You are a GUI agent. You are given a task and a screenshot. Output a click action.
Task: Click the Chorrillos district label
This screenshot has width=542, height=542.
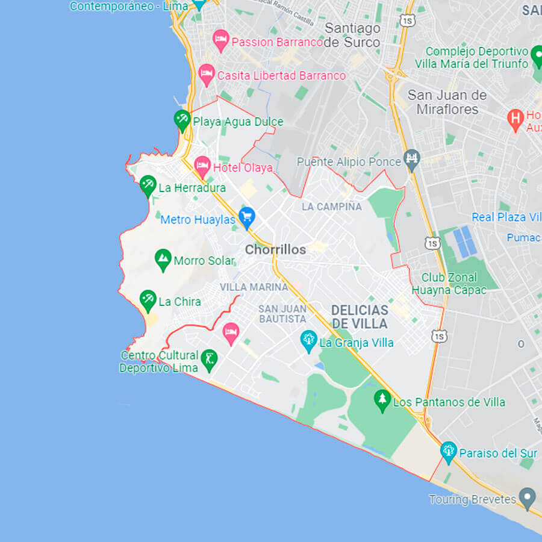(x=275, y=249)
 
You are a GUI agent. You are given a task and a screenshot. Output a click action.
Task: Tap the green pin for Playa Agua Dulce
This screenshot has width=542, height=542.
(x=182, y=120)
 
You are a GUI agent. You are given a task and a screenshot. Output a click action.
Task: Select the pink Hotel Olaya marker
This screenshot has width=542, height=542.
(x=202, y=165)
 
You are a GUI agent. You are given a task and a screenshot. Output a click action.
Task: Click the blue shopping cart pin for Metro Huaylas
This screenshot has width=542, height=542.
(x=246, y=217)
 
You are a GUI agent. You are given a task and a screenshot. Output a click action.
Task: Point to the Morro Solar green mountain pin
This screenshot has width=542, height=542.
(x=163, y=260)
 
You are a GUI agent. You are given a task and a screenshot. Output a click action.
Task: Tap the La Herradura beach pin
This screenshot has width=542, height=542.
(x=148, y=185)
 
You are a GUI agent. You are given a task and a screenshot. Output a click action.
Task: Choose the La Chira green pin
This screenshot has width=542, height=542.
(x=148, y=300)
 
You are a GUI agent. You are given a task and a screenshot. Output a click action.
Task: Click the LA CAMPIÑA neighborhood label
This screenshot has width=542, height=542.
(x=332, y=207)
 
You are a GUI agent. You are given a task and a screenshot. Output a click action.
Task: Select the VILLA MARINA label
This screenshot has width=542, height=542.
(x=254, y=287)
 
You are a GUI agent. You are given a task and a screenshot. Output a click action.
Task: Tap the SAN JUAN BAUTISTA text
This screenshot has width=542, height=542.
(x=282, y=313)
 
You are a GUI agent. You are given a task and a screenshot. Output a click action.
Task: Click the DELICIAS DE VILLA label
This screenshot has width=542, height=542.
(x=360, y=317)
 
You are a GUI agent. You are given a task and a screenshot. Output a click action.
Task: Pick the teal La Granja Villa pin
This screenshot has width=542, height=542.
(x=308, y=341)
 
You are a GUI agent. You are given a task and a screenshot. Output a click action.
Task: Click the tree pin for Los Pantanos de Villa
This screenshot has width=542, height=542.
(x=382, y=400)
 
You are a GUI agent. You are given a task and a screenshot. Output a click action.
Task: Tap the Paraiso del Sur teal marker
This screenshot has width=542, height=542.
(x=448, y=451)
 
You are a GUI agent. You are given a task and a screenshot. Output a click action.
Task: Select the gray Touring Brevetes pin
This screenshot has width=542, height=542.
(x=528, y=497)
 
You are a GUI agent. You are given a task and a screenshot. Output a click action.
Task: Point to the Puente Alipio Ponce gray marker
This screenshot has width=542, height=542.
(x=412, y=160)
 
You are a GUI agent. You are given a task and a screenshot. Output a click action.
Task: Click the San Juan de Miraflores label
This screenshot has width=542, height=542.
(x=447, y=102)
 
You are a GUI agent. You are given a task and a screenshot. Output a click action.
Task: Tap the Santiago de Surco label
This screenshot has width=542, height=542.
(x=352, y=35)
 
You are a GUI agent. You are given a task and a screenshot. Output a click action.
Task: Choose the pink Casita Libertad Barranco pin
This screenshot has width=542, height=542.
(x=207, y=75)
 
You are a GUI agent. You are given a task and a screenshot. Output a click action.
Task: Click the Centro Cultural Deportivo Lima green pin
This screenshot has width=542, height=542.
(x=209, y=360)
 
